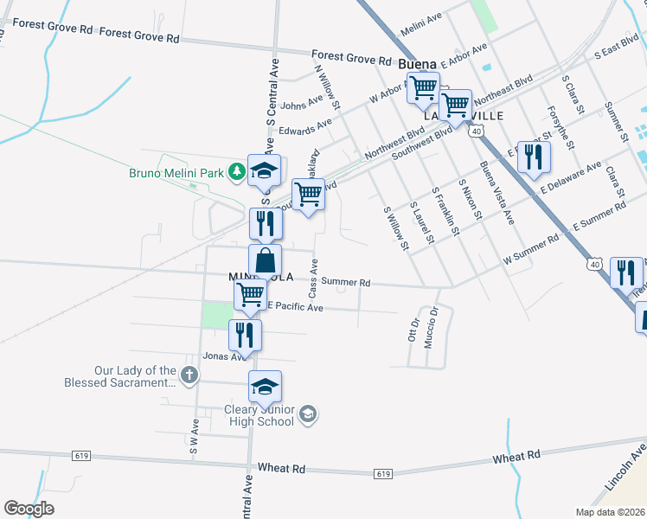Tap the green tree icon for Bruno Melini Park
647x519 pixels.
click(235, 173)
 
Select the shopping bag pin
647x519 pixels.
click(266, 260)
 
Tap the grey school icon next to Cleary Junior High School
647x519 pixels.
click(308, 416)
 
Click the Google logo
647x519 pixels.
click(29, 509)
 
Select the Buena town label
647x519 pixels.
click(418, 65)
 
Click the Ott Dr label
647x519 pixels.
click(413, 330)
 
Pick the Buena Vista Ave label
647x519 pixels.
click(496, 192)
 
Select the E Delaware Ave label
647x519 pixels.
click(571, 176)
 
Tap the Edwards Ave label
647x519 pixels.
click(305, 127)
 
